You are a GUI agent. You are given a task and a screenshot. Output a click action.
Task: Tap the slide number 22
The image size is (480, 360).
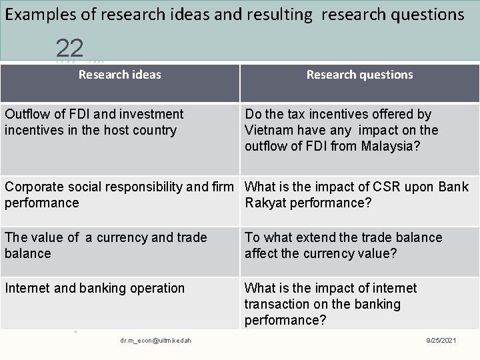[70, 47]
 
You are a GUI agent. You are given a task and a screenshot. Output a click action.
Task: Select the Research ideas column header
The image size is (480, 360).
[120, 75]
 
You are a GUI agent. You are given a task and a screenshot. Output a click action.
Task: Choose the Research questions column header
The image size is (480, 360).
[359, 75]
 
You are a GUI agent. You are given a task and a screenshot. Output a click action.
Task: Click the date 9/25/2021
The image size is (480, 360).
[442, 341]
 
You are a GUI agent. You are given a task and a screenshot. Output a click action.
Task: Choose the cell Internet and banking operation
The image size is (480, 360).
[95, 288]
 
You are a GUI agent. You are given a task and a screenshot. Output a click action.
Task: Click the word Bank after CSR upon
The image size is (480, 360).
[453, 187]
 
